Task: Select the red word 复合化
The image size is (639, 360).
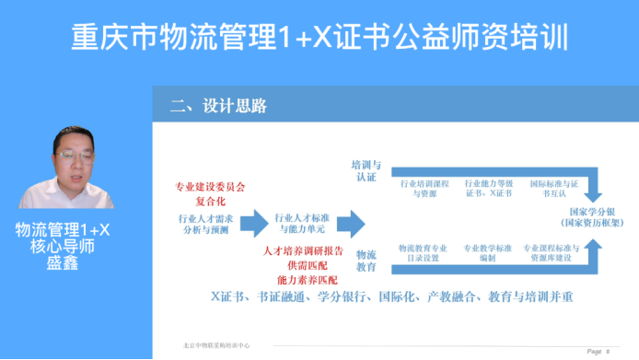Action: click(x=210, y=200)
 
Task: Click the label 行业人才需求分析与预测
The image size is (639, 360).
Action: click(x=206, y=225)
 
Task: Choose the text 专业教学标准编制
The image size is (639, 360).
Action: click(x=487, y=253)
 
